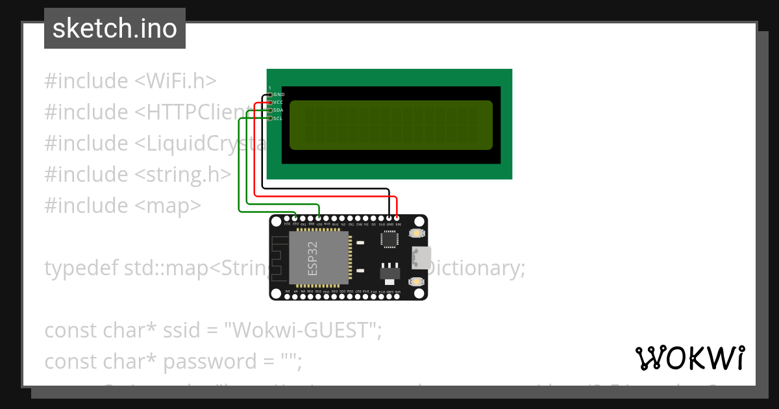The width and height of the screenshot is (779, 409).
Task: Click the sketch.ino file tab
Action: pos(114,29)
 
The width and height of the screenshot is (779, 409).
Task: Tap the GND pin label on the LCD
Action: pos(278,95)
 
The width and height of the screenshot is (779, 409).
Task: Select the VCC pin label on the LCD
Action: pos(278,103)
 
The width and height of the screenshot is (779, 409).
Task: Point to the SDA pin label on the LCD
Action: pos(278,110)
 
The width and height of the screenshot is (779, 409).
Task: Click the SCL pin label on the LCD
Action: pos(278,118)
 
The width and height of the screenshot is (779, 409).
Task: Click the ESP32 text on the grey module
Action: pos(313,259)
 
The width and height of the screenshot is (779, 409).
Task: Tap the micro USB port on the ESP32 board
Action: pos(420,258)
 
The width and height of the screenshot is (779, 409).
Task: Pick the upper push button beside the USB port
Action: pos(416,233)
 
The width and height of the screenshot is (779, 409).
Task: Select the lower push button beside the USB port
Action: pos(416,282)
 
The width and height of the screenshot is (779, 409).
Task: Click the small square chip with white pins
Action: pos(389,240)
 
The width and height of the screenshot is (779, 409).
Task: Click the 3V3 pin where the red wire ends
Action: pos(397,219)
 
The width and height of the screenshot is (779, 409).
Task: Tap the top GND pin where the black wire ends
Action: pos(389,219)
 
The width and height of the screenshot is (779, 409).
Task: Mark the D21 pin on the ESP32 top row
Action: pos(319,219)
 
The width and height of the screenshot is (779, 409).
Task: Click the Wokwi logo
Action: pos(689,358)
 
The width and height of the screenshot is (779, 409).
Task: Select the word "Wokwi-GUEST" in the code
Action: pos(302,330)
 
